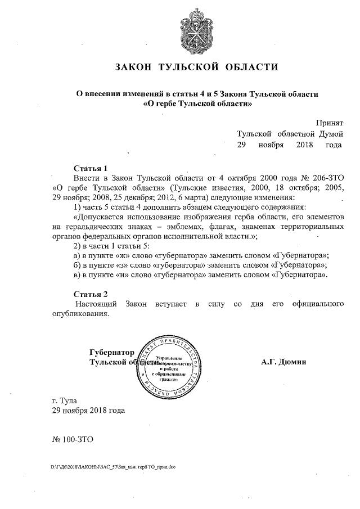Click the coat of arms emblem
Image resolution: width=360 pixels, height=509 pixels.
196,29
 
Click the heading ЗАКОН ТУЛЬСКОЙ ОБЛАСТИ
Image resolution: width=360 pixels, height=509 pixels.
196,67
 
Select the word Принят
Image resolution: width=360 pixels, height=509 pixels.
329,123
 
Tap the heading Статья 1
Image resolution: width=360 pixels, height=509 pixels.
91,168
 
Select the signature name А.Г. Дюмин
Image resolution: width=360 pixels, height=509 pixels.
283,362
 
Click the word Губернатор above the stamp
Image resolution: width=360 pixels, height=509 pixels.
112,352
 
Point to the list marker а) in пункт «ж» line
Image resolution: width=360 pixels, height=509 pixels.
78,255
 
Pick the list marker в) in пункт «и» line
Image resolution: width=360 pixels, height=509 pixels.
78,275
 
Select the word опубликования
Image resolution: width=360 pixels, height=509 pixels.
79,314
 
